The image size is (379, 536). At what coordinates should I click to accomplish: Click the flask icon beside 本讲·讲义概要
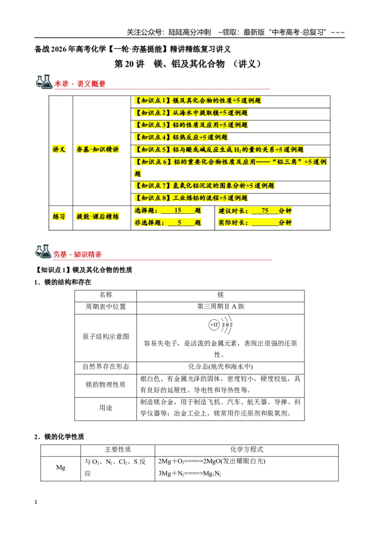pyautogui.click(x=44, y=82)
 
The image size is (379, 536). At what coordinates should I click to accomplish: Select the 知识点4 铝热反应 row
pyautogui.click(x=181, y=137)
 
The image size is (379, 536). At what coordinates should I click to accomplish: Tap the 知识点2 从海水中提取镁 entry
pyautogui.click(x=191, y=113)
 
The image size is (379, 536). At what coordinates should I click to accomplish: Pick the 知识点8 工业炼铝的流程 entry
pyautogui.click(x=191, y=198)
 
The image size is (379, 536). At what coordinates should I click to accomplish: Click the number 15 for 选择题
pyautogui.click(x=178, y=211)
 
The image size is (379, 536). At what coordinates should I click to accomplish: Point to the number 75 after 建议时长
pyautogui.click(x=265, y=211)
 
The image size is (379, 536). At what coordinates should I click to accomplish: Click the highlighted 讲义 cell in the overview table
pyautogui.click(x=59, y=149)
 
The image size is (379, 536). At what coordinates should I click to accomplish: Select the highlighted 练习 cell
pyautogui.click(x=59, y=217)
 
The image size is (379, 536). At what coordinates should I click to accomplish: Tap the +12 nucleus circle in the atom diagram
pyautogui.click(x=214, y=325)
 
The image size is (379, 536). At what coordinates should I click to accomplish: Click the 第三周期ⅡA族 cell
pyautogui.click(x=221, y=307)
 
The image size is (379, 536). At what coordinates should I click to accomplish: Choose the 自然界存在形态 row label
pyautogui.click(x=106, y=367)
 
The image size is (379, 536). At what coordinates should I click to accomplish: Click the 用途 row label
pyautogui.click(x=106, y=408)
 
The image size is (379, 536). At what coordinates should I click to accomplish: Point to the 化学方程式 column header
pyautogui.click(x=247, y=449)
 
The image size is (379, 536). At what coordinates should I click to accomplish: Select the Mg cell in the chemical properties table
pyautogui.click(x=61, y=467)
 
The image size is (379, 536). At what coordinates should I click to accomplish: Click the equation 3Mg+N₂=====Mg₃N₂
pyautogui.click(x=189, y=474)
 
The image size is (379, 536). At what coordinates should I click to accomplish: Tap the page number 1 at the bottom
pyautogui.click(x=36, y=502)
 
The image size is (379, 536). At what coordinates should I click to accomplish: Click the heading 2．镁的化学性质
pyautogui.click(x=59, y=437)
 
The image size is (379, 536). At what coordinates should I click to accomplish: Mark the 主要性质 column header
pyautogui.click(x=117, y=449)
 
